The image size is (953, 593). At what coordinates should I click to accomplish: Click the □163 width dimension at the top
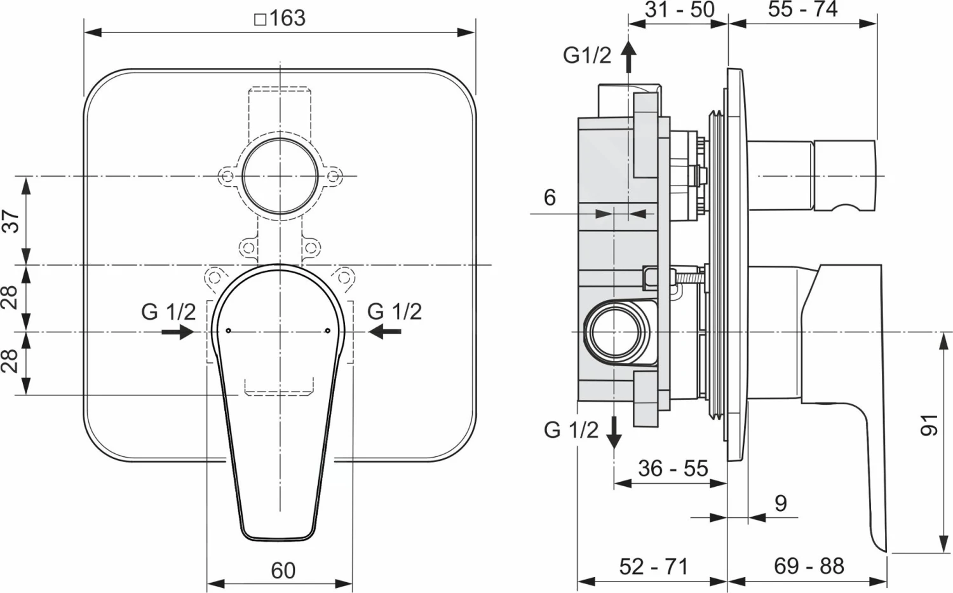coord(280,18)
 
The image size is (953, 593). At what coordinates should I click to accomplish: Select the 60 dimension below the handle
coord(283,570)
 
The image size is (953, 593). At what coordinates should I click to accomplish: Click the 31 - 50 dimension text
coord(679,10)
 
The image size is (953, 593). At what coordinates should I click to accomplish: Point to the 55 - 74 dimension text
coord(802,10)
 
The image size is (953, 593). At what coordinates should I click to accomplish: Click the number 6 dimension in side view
coord(550,198)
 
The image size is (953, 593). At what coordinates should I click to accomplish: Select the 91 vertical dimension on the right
coord(929,425)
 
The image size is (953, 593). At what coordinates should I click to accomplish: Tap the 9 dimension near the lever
coord(781,503)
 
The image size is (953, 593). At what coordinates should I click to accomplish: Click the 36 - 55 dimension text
coord(673,468)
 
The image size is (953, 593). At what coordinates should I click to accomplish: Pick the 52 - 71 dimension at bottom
coord(654,566)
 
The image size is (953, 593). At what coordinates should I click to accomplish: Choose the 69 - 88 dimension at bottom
coord(809,566)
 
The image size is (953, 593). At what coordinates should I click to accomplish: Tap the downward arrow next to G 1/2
coord(614,433)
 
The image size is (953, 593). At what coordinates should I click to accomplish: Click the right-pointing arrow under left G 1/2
coord(178,332)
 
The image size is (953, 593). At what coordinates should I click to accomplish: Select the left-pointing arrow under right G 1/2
coord(385,331)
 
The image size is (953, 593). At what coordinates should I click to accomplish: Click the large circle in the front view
coord(279,176)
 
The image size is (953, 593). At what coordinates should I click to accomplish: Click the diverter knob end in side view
coord(844,175)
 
